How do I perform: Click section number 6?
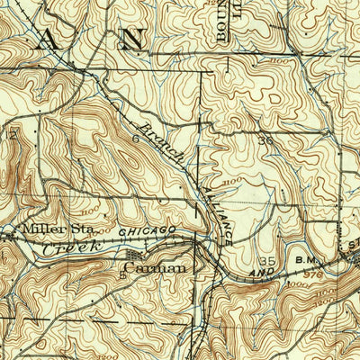137,139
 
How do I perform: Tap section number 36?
265,141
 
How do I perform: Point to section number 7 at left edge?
13,133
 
